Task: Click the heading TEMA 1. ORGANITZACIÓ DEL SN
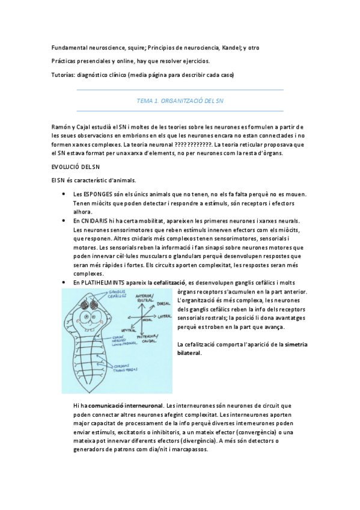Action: tap(180, 101)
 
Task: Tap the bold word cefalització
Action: tap(169, 283)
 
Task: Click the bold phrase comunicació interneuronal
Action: tap(126, 407)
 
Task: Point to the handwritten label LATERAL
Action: tap(163, 322)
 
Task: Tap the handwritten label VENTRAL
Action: tap(128, 330)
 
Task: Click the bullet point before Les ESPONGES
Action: tap(64, 194)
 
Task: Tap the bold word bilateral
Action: tap(189, 352)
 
